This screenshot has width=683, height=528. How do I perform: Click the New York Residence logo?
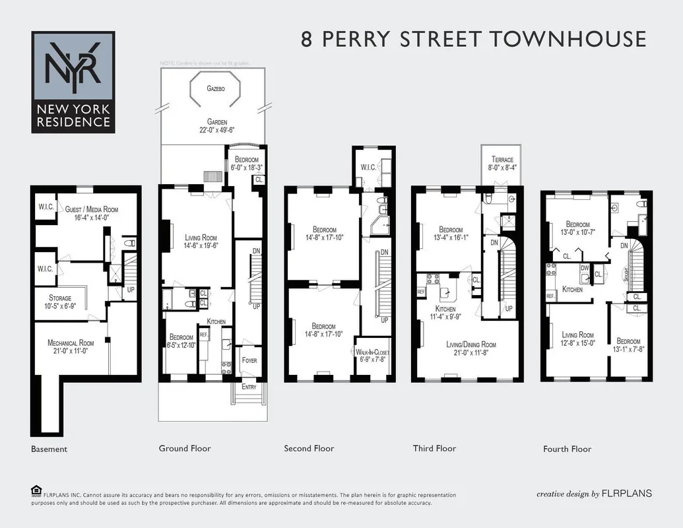coord(73,82)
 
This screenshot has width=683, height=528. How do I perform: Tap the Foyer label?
coord(249,360)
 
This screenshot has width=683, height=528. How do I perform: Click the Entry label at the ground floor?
coord(248,387)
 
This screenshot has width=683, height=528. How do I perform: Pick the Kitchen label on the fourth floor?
coord(572,289)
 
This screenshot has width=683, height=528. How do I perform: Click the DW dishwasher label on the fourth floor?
coord(585,268)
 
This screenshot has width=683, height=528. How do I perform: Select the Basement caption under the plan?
coord(49,449)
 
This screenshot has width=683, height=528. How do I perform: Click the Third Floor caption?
coord(434,449)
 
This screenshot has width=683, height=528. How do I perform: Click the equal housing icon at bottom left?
coord(36,490)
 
